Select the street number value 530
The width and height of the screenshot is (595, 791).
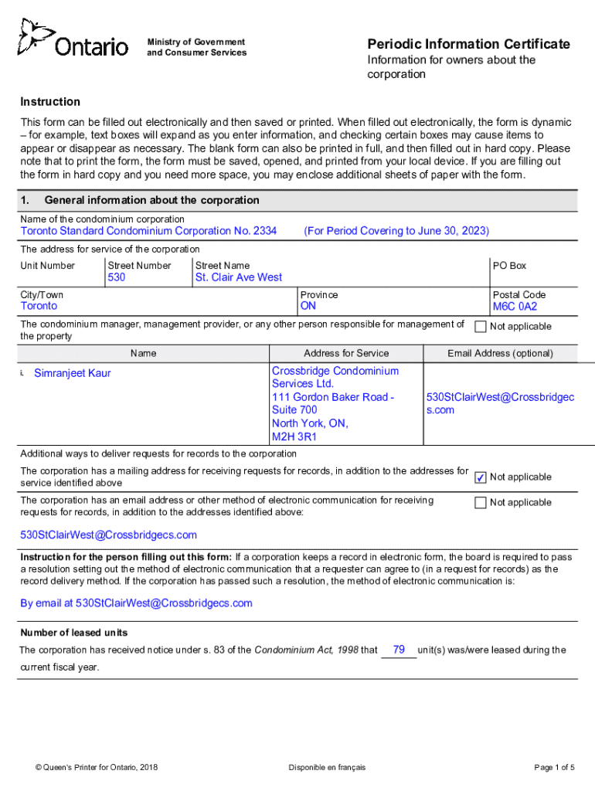(x=117, y=277)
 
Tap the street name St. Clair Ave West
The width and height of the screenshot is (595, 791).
(x=239, y=277)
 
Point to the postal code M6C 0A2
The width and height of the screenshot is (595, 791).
(x=515, y=306)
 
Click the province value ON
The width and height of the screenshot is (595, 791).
(x=308, y=306)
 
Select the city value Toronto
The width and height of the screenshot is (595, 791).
(x=39, y=306)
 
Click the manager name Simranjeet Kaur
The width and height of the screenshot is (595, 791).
(x=73, y=373)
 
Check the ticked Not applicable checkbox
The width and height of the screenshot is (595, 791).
(x=480, y=477)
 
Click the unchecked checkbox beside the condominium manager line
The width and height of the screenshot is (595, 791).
(x=480, y=327)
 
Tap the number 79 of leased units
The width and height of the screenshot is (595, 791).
(x=399, y=650)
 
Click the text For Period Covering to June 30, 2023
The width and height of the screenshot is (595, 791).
(x=396, y=231)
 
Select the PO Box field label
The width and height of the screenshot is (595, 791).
(x=509, y=266)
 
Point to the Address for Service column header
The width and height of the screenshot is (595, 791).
(x=346, y=353)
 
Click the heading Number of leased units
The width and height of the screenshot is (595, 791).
(x=74, y=633)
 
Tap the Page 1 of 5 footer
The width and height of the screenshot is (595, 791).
(x=554, y=767)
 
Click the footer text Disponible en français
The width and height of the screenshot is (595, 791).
(x=327, y=767)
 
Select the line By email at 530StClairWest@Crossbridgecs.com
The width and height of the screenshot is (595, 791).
(x=136, y=603)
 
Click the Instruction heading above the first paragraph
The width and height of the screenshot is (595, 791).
(x=50, y=102)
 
